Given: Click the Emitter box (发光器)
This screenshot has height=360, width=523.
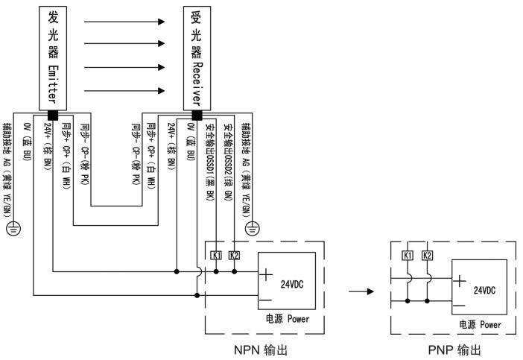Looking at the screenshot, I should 54,56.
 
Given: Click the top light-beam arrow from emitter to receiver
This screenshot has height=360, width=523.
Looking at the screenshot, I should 124,22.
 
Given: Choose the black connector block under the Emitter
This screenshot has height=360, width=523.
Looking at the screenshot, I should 54,116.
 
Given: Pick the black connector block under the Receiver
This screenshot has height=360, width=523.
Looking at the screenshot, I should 197,116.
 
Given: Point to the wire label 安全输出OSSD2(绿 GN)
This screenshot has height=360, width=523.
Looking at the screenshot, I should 229,160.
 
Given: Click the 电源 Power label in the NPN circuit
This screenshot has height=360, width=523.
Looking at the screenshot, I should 286,319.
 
